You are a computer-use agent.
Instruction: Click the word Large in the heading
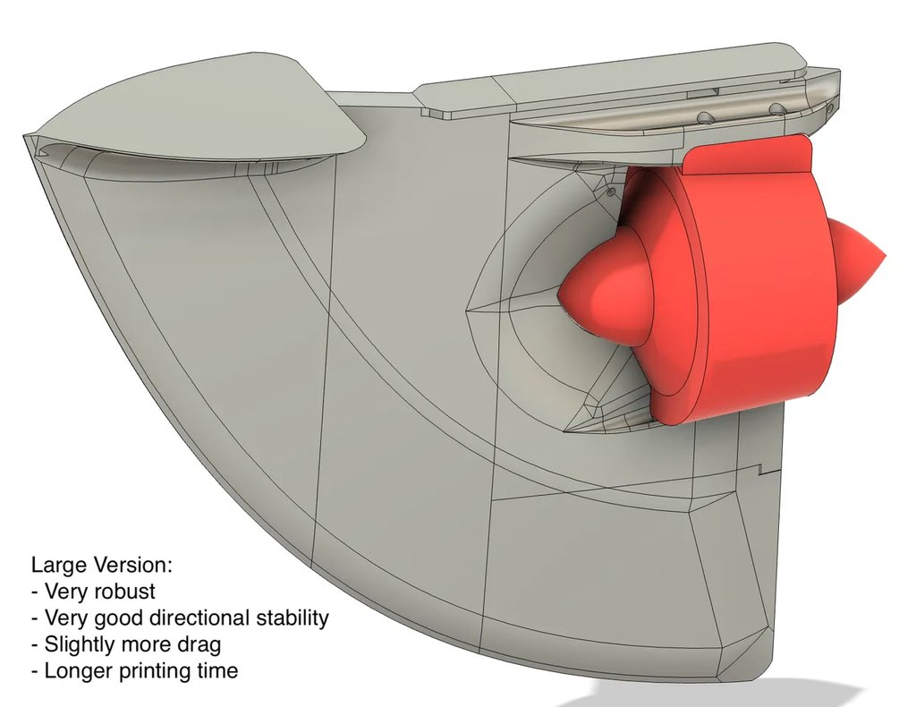pos(59,566)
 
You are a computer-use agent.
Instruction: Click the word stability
pos(293,618)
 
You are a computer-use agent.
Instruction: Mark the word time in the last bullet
pos(216,670)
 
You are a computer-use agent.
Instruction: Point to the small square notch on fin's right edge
pos(763,468)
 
